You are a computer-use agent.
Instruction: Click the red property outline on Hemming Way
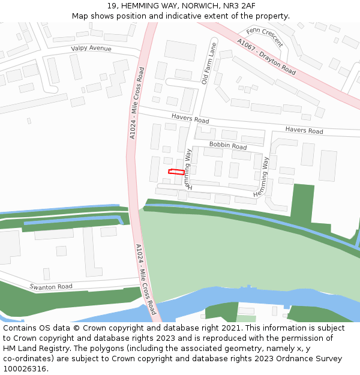176,172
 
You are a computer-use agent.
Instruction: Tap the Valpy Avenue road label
91,49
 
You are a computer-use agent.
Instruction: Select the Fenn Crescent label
265,36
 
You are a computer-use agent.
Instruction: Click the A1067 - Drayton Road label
266,57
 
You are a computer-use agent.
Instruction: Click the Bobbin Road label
228,146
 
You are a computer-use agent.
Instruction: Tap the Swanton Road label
51,287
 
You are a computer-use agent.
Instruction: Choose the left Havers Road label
190,118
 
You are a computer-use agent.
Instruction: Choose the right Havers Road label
304,130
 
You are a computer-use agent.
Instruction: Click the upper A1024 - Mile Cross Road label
137,103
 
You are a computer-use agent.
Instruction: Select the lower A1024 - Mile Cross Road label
146,279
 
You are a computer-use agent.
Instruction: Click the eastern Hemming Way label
261,176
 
